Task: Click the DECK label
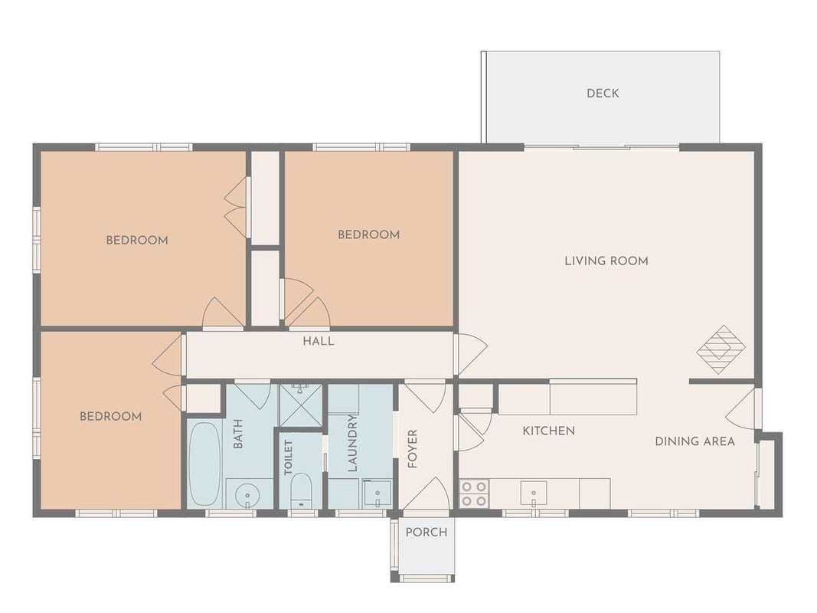[603, 93]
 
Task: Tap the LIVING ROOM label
[606, 261]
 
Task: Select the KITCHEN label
[549, 431]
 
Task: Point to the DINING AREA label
[694, 441]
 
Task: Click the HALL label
[319, 342]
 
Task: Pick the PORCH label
[426, 533]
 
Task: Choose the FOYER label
[413, 449]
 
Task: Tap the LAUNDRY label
[352, 443]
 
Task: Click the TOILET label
[289, 457]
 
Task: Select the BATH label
[237, 434]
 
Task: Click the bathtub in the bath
[204, 464]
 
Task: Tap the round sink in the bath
[247, 494]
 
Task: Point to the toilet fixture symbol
[300, 490]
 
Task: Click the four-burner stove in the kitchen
[474, 493]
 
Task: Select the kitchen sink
[534, 493]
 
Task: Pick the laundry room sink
[377, 493]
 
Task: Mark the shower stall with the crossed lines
[301, 405]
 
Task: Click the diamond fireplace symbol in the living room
[721, 349]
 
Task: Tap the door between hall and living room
[470, 355]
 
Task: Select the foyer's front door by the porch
[425, 493]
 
